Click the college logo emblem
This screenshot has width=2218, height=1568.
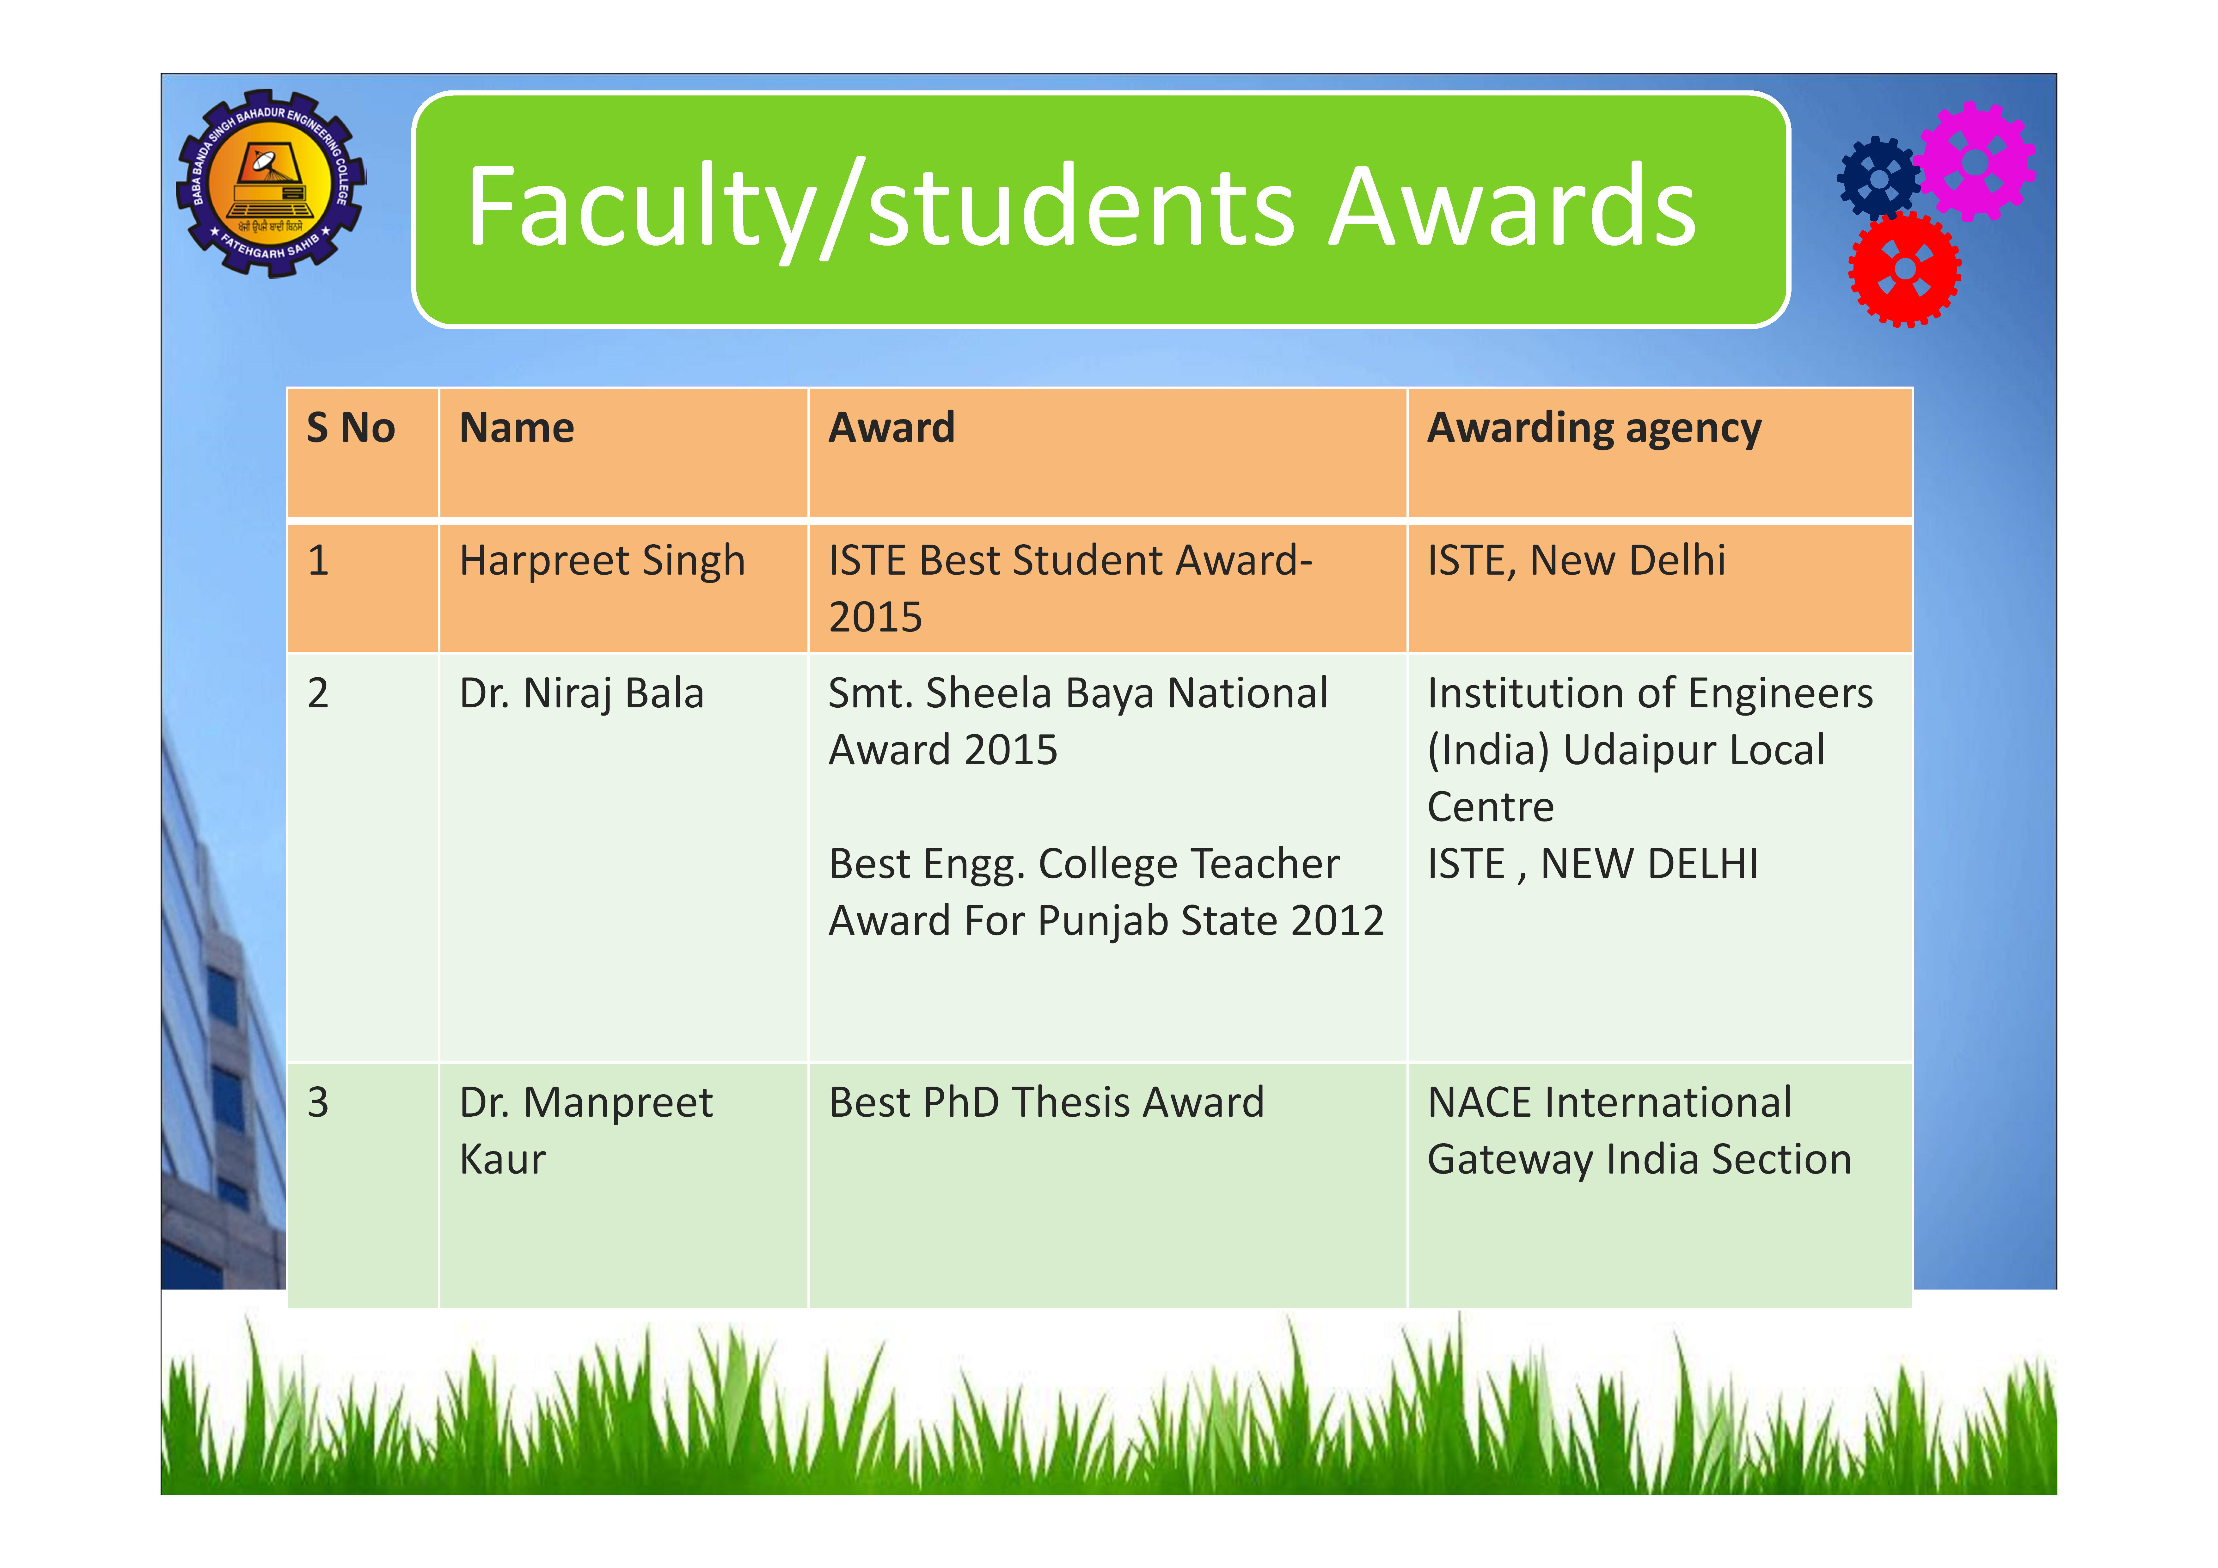271,184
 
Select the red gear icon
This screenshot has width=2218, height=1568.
1904,270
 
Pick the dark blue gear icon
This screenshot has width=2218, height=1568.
1879,178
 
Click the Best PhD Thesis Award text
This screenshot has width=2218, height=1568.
1046,1102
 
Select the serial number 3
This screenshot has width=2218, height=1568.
318,1102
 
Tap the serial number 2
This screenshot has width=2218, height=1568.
318,694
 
